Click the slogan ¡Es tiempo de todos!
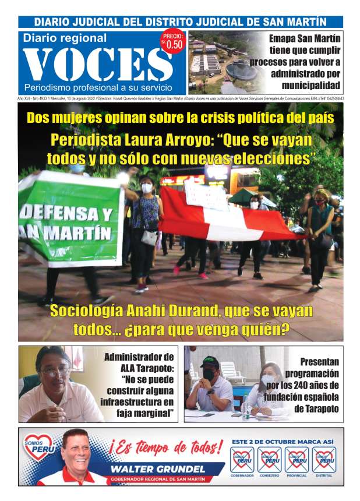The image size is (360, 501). click(x=165, y=448)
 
